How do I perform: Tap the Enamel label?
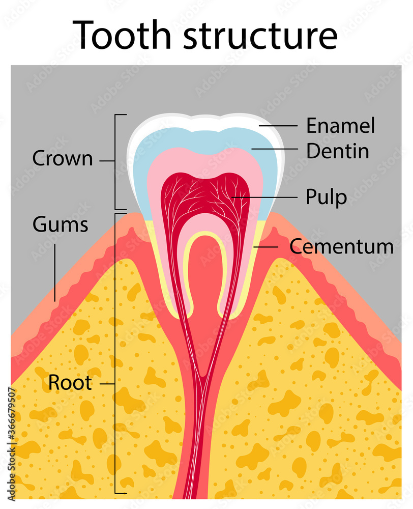tap(340, 126)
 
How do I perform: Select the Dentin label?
tap(337, 151)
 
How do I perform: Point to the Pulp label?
tap(326, 196)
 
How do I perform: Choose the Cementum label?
tap(341, 247)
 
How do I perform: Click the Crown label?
tap(63, 159)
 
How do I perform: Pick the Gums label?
tap(60, 224)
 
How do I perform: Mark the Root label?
tap(70, 383)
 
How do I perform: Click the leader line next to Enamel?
tap(278, 125)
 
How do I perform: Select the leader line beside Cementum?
tap(267, 247)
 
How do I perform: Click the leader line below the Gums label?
tap(55, 270)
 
